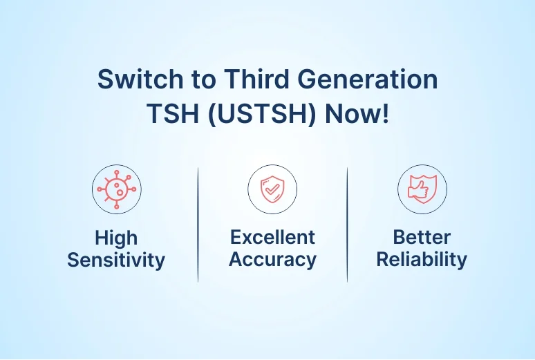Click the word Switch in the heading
click(140, 79)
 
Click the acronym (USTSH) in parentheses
click(262, 113)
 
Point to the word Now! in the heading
click(357, 113)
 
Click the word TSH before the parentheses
click(173, 113)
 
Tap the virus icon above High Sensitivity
click(117, 189)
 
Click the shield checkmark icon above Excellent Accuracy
click(272, 189)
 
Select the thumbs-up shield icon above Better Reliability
click(422, 189)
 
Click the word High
click(116, 238)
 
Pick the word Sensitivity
click(116, 260)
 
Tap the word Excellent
click(272, 237)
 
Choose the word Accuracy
click(272, 260)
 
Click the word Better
click(422, 237)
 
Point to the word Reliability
click(422, 260)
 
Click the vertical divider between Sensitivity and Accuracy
click(198, 225)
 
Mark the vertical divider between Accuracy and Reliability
click(348, 225)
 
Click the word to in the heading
click(204, 79)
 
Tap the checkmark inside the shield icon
click(272, 189)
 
